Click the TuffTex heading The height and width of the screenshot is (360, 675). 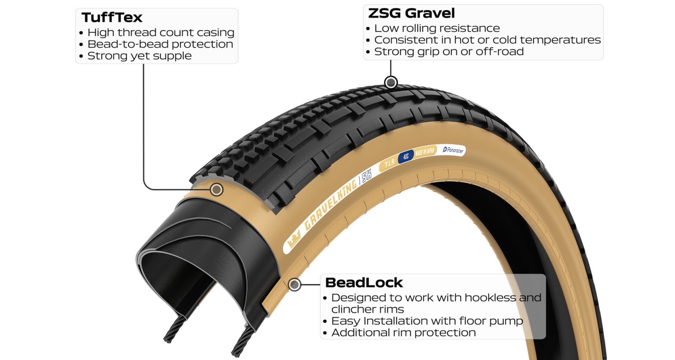(112, 17)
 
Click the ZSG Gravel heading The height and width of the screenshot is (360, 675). (411, 13)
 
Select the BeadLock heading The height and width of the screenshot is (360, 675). (364, 283)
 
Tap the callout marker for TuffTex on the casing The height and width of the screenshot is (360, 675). (216, 189)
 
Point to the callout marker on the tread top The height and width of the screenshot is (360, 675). (391, 82)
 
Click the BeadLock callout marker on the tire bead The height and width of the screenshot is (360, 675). (294, 284)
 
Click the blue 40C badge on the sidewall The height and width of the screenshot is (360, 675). (405, 157)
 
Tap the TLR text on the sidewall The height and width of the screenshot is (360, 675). (390, 163)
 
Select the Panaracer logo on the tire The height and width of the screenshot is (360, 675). (453, 150)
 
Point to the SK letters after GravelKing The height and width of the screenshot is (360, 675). (367, 176)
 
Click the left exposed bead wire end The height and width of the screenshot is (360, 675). (174, 330)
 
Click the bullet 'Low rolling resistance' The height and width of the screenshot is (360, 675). (433, 28)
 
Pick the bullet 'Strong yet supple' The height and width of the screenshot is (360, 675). (135, 56)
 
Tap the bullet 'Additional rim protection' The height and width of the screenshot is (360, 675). (399, 333)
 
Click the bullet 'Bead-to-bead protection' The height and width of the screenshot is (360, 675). (156, 44)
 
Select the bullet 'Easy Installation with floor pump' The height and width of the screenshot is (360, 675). (423, 321)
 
